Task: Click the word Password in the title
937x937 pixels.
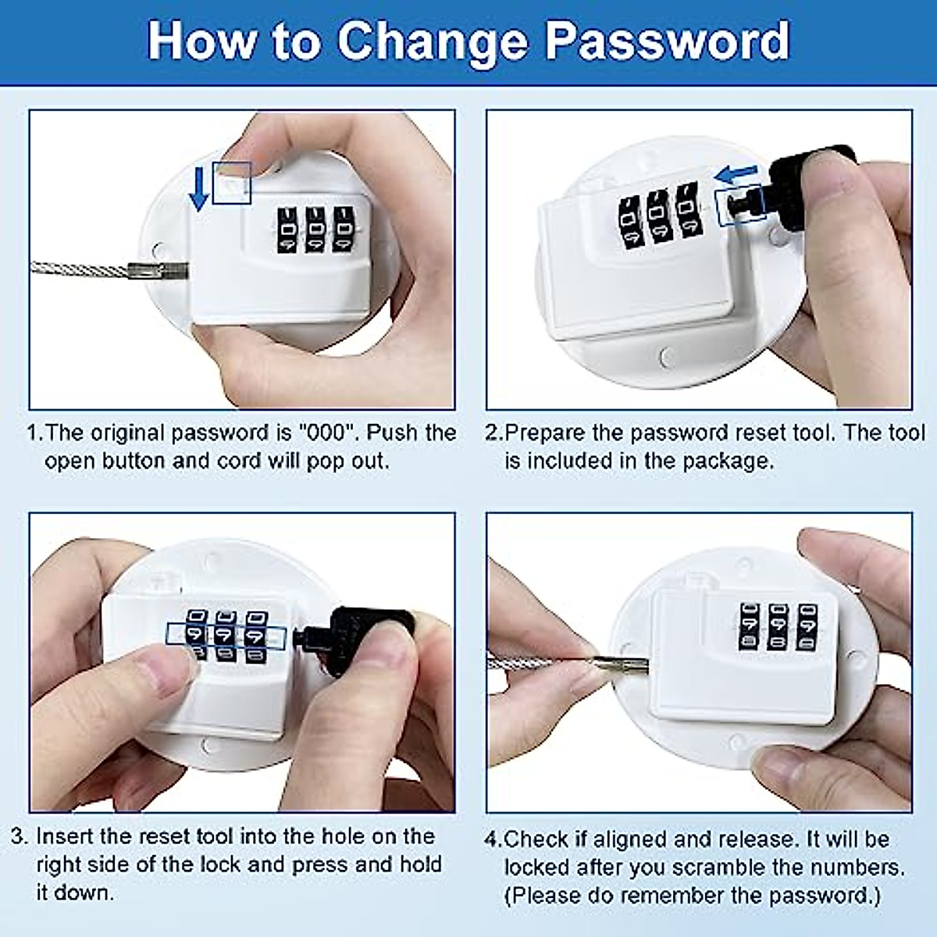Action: pyautogui.click(x=668, y=41)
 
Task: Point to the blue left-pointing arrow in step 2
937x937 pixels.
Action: pyautogui.click(x=737, y=173)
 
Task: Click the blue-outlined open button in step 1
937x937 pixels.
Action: pyautogui.click(x=232, y=183)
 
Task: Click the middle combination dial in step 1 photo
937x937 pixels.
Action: pyautogui.click(x=315, y=230)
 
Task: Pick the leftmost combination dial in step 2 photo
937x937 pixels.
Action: pyautogui.click(x=630, y=219)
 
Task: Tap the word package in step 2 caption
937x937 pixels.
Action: pyautogui.click(x=726, y=461)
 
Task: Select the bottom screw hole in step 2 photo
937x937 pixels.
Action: pyautogui.click(x=666, y=357)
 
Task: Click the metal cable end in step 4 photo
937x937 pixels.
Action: pyautogui.click(x=622, y=665)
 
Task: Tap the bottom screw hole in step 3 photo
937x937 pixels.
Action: pyautogui.click(x=209, y=746)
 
